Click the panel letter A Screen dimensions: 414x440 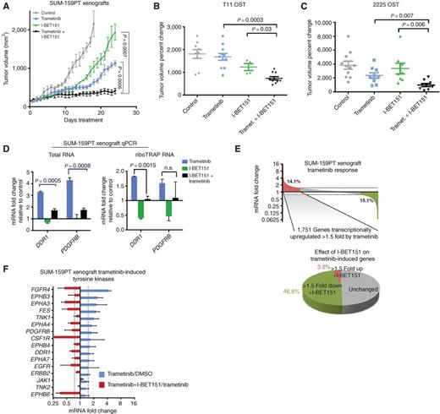6,6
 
